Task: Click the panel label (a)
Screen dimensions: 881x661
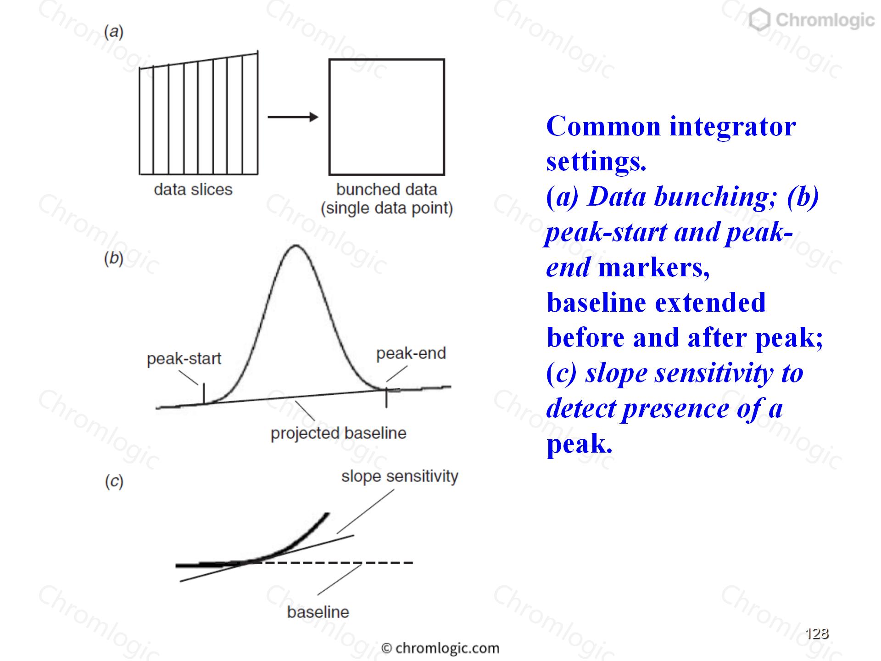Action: tap(114, 32)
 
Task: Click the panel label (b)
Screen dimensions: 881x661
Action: tap(114, 259)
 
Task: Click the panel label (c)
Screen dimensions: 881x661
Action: tap(114, 482)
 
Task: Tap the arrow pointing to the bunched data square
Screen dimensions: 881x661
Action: tap(293, 117)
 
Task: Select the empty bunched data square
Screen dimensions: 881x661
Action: tap(387, 59)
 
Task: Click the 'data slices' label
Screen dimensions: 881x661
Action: tap(193, 190)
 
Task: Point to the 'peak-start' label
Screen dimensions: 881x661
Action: tap(184, 359)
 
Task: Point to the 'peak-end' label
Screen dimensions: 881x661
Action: tap(411, 353)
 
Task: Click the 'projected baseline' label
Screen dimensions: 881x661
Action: tap(339, 433)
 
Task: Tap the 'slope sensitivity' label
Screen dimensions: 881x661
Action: tap(400, 476)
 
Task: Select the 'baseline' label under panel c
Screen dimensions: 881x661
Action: tap(318, 612)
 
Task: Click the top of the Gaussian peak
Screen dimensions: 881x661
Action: tap(296, 246)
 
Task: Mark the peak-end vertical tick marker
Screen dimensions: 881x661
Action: tap(386, 398)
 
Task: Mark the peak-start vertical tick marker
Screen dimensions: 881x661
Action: tap(204, 393)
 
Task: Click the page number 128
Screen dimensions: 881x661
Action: tap(817, 633)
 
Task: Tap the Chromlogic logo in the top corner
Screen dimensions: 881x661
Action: tap(811, 20)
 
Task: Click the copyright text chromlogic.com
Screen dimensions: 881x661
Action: tap(440, 648)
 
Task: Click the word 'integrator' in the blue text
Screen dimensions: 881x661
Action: tap(733, 127)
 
